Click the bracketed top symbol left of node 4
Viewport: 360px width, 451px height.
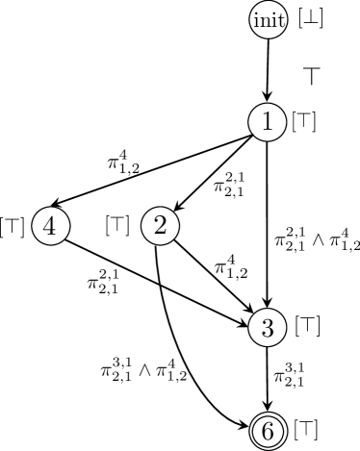point(13,227)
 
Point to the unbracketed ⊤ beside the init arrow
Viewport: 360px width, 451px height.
point(312,73)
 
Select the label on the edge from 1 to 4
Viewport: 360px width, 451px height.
point(123,160)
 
